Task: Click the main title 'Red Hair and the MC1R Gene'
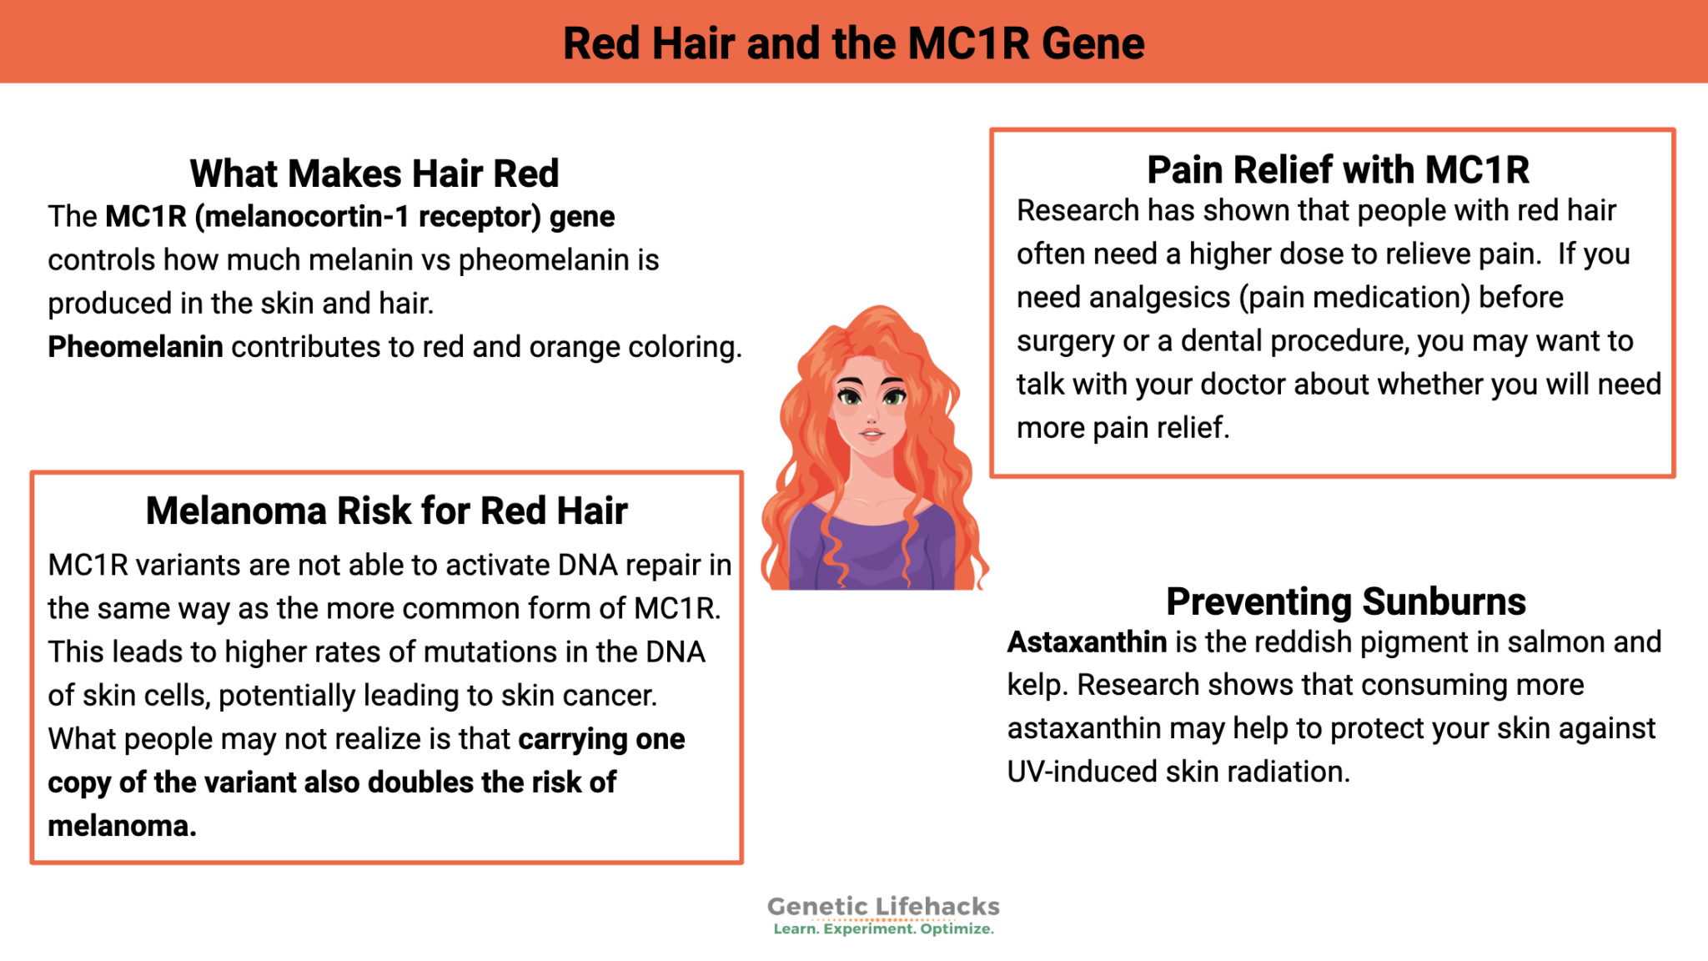[853, 43]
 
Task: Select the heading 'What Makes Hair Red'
[374, 174]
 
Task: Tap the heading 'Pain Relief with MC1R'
[1338, 170]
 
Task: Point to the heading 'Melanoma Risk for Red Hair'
[386, 511]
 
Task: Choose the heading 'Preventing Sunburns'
[1345, 601]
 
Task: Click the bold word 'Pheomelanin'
[135, 346]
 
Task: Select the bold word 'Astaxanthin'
[1087, 642]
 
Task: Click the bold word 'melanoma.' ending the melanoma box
[122, 826]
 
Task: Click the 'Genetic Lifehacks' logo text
[883, 906]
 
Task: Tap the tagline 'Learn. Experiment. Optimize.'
[883, 929]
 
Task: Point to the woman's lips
[871, 434]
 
